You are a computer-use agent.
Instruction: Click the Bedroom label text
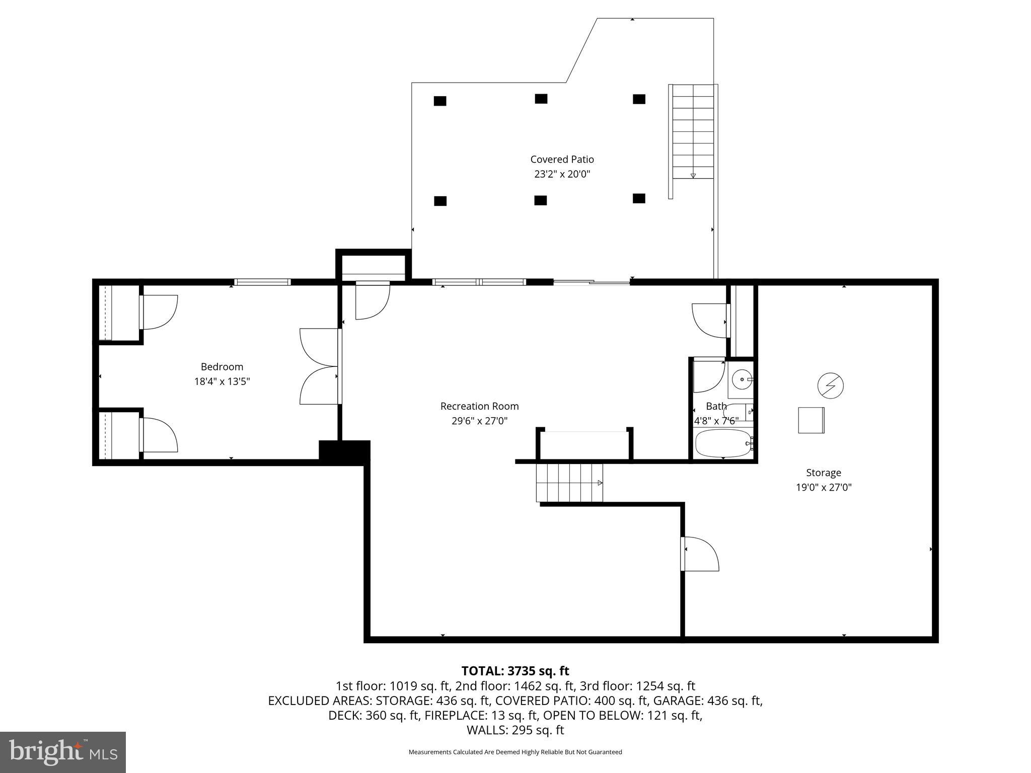tap(222, 367)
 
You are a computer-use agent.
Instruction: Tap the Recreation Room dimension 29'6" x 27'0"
tap(479, 421)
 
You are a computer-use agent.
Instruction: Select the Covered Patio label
tap(562, 160)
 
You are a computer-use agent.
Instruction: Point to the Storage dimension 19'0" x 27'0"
tap(824, 487)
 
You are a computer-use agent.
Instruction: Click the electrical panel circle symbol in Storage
tap(830, 386)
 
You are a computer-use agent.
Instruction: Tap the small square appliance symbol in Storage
tap(811, 420)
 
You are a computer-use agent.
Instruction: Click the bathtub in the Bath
tap(723, 443)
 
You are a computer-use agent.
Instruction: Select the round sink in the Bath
tap(741, 379)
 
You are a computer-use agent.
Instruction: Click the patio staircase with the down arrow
tap(693, 132)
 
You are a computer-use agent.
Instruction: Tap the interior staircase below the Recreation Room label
tap(569, 483)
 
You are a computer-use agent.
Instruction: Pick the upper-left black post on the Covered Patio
tap(440, 101)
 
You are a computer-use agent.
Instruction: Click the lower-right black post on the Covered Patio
tap(639, 198)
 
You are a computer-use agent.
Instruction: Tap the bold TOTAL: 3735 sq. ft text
tap(515, 671)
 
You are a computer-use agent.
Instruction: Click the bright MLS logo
tap(63, 752)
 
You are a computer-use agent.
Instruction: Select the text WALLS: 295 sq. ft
tap(515, 730)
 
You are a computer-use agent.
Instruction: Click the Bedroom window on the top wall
tap(262, 282)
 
